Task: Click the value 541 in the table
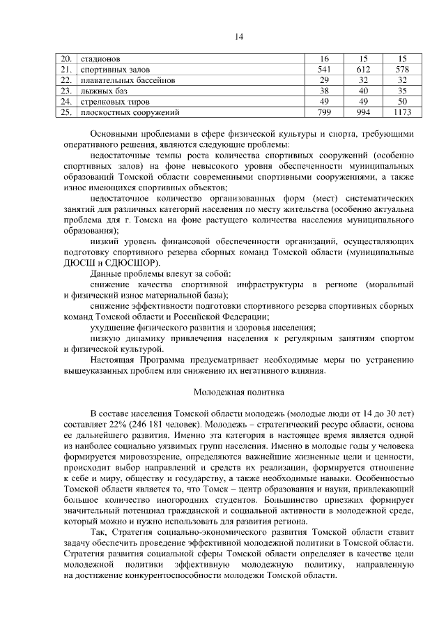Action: pos(324,70)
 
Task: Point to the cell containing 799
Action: pos(324,112)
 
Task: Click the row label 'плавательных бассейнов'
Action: pos(128,80)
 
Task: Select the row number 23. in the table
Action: pos(66,91)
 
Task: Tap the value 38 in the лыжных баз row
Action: pos(324,91)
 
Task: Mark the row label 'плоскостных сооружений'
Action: pos(130,112)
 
